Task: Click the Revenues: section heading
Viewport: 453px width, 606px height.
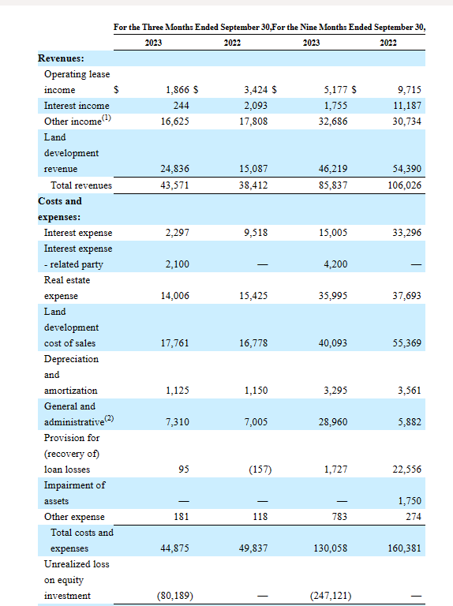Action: click(x=61, y=58)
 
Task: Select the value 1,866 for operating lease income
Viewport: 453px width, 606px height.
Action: click(x=178, y=90)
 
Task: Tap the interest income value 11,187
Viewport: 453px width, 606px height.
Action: click(x=407, y=106)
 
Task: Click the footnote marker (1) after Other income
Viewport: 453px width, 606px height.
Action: click(x=107, y=118)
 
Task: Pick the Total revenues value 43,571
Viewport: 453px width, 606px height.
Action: click(x=174, y=185)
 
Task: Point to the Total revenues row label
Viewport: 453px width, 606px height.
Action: click(x=81, y=185)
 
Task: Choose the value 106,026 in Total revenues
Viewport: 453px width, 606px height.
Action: click(x=405, y=185)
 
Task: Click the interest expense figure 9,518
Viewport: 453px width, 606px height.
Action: click(x=256, y=233)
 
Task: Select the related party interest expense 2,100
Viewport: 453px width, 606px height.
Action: click(x=178, y=264)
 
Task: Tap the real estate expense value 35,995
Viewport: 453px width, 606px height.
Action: click(x=333, y=296)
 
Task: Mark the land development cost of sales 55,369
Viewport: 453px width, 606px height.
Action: click(x=407, y=343)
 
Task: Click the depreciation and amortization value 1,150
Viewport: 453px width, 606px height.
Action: click(x=256, y=391)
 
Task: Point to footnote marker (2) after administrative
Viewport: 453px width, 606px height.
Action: click(x=110, y=418)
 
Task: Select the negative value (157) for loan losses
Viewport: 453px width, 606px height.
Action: click(x=260, y=469)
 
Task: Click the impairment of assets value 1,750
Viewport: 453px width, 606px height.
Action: click(x=410, y=501)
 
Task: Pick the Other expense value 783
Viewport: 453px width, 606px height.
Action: click(x=339, y=517)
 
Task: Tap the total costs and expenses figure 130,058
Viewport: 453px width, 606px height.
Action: click(x=331, y=548)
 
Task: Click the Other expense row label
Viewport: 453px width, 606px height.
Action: click(x=74, y=517)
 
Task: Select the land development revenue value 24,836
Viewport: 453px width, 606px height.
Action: click(x=174, y=169)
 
